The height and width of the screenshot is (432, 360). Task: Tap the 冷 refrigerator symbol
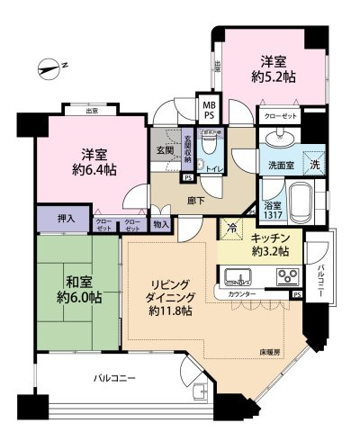click(x=231, y=229)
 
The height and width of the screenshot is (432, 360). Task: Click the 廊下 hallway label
click(x=192, y=193)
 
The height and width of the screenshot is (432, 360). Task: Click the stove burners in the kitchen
click(x=286, y=275)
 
